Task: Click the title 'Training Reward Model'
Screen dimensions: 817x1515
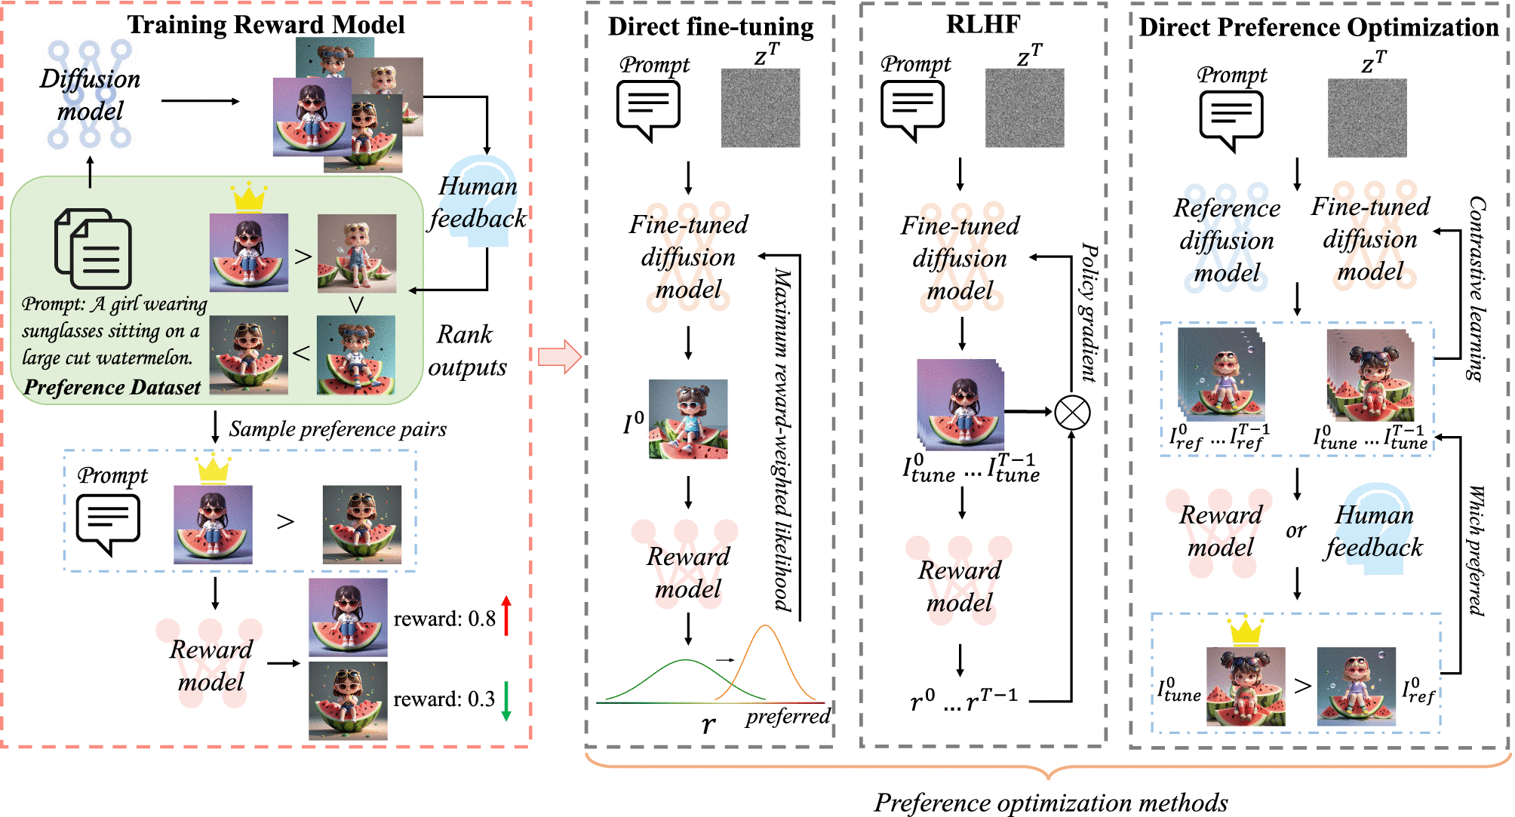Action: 266,24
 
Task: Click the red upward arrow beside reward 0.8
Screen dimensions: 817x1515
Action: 506,615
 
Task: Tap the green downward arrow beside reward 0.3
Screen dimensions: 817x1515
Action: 506,701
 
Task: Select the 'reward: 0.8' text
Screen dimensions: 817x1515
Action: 444,619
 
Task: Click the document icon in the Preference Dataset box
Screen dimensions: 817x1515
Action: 94,249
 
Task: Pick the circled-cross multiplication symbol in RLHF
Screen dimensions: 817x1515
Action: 1072,413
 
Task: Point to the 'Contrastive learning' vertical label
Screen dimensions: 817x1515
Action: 1477,288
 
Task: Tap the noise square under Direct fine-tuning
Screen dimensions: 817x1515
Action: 761,108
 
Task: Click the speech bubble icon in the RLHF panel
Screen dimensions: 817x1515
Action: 912,109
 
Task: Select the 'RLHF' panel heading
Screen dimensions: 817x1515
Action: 983,24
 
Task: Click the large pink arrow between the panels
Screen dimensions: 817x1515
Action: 559,356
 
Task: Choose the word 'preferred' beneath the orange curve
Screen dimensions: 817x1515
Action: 788,716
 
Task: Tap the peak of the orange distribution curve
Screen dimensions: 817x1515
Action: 765,626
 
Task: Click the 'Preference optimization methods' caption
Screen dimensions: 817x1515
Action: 1051,803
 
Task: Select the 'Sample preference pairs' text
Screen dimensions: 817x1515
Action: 337,429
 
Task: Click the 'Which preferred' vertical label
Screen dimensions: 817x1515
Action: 1476,551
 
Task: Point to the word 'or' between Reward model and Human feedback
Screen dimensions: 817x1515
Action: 1295,531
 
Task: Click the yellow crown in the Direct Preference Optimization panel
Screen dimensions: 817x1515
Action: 1246,631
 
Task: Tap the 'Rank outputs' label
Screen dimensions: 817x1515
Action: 467,351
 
